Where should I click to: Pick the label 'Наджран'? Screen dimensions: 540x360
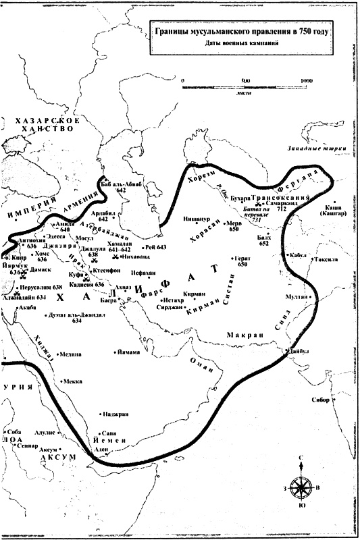coord(111,414)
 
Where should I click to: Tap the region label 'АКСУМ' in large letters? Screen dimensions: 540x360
coord(44,457)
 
